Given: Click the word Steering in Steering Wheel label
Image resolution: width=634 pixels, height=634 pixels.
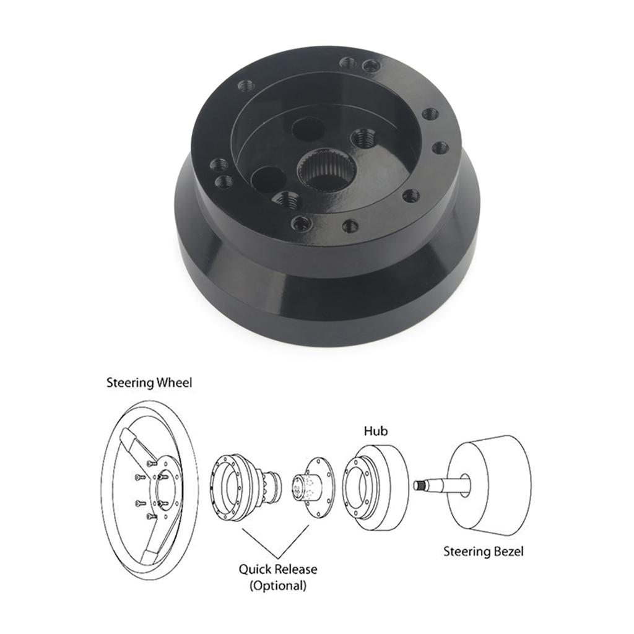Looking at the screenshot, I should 129,383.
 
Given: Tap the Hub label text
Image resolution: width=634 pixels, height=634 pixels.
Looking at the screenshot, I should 376,430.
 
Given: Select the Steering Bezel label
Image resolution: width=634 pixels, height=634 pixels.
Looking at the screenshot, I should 484,550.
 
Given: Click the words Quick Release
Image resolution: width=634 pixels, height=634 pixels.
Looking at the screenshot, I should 278,568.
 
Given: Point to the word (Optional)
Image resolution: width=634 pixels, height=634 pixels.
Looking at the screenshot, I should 278,585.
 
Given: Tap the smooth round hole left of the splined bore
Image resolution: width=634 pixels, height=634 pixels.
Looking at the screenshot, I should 269,179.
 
